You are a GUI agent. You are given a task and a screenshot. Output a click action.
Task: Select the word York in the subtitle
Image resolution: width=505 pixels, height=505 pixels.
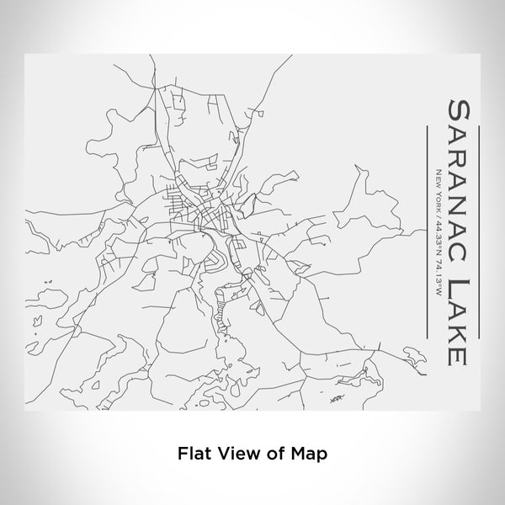tap(437, 199)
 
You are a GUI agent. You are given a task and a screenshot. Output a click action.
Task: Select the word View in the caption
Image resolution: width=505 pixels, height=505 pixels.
tap(237, 452)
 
